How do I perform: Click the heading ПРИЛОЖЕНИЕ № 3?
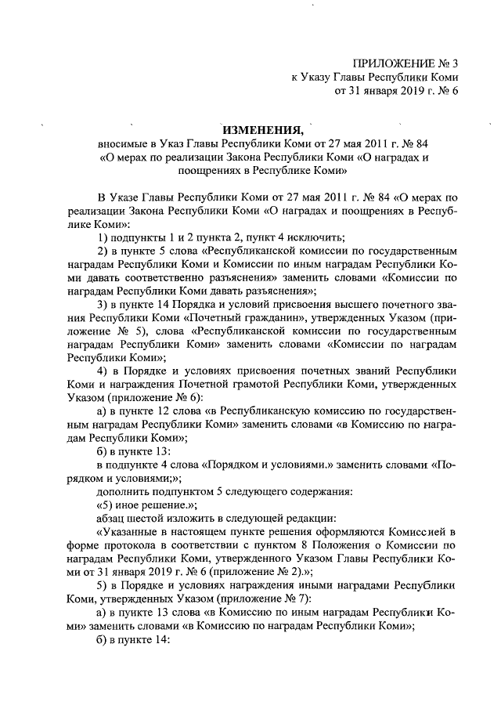(405, 62)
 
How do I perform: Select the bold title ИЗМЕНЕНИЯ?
(261, 129)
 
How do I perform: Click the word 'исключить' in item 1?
(316, 238)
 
